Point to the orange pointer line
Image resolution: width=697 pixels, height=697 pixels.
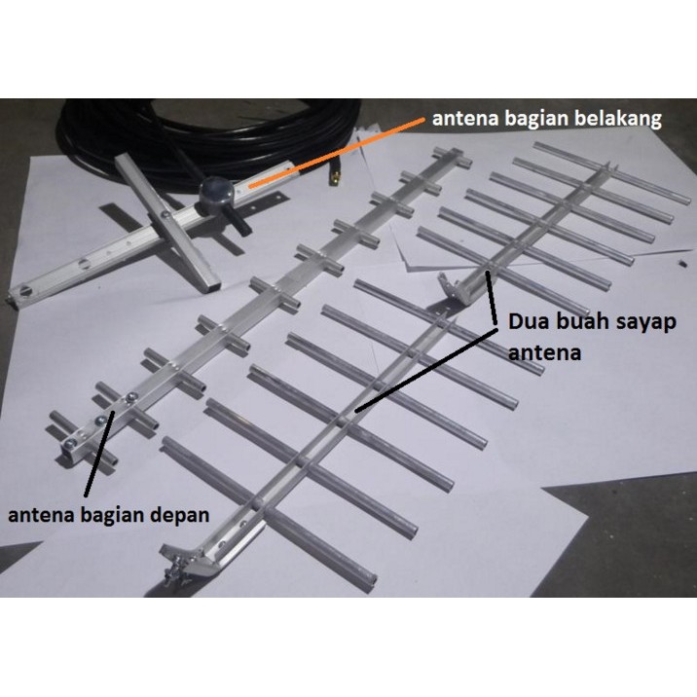(336, 152)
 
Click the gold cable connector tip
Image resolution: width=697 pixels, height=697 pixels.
(334, 177)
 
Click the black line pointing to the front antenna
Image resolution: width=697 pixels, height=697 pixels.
(99, 454)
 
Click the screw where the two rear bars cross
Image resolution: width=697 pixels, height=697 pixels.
(165, 215)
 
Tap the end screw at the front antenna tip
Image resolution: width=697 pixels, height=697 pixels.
(69, 444)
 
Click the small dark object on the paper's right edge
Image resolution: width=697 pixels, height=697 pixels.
(683, 264)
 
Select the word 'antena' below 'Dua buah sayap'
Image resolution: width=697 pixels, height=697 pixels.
(544, 353)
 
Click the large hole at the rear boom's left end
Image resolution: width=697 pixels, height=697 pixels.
(25, 291)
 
